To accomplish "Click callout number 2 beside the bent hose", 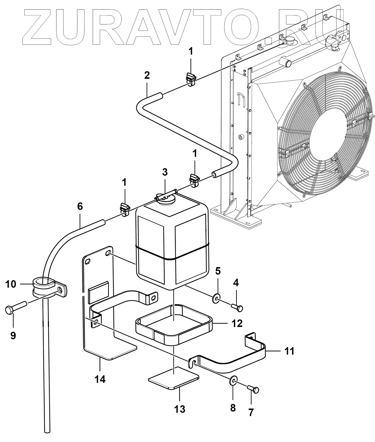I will click(147, 75).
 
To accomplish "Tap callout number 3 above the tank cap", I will click(165, 172).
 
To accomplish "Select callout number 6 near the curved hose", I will click(80, 206).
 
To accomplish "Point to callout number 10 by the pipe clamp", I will click(11, 284).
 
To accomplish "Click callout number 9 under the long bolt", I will click(13, 335).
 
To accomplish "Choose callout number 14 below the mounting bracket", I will click(100, 379).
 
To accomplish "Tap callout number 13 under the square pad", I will click(180, 409).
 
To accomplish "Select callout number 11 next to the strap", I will click(289, 351).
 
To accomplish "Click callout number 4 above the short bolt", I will click(236, 283).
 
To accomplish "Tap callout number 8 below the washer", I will click(233, 408).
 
